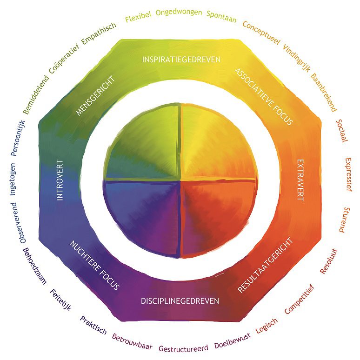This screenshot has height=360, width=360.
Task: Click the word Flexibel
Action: tap(139, 16)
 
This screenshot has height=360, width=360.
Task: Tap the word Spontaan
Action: tap(221, 17)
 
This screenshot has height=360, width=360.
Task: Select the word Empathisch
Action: tap(99, 33)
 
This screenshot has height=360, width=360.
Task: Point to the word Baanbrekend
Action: tap(324, 92)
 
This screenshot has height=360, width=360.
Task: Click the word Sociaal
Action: tap(342, 131)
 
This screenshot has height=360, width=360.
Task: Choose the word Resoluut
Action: tap(329, 261)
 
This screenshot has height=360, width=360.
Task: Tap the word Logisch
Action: tap(267, 326)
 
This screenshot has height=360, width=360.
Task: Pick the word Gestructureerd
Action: tap(183, 348)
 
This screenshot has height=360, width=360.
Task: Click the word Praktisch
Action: tap(93, 325)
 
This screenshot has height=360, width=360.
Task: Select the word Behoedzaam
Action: tap(35, 266)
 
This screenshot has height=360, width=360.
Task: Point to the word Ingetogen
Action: tap(13, 179)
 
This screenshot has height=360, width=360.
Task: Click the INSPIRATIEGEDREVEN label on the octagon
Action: tap(181, 60)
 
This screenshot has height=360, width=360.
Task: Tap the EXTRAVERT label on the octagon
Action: tap(300, 180)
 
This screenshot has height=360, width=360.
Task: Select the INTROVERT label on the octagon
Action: tap(60, 180)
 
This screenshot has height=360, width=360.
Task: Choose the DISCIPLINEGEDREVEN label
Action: tap(180, 301)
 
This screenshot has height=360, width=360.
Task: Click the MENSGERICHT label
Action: tap(95, 96)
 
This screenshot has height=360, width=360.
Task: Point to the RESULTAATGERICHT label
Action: tap(266, 265)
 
